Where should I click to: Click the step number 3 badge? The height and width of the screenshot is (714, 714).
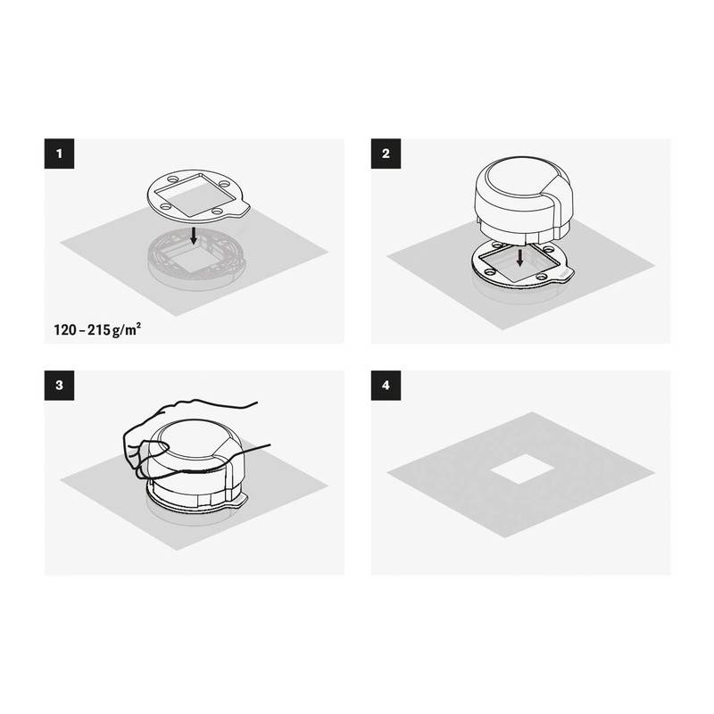pyautogui.click(x=59, y=386)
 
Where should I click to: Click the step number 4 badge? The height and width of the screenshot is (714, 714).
pyautogui.click(x=386, y=386)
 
